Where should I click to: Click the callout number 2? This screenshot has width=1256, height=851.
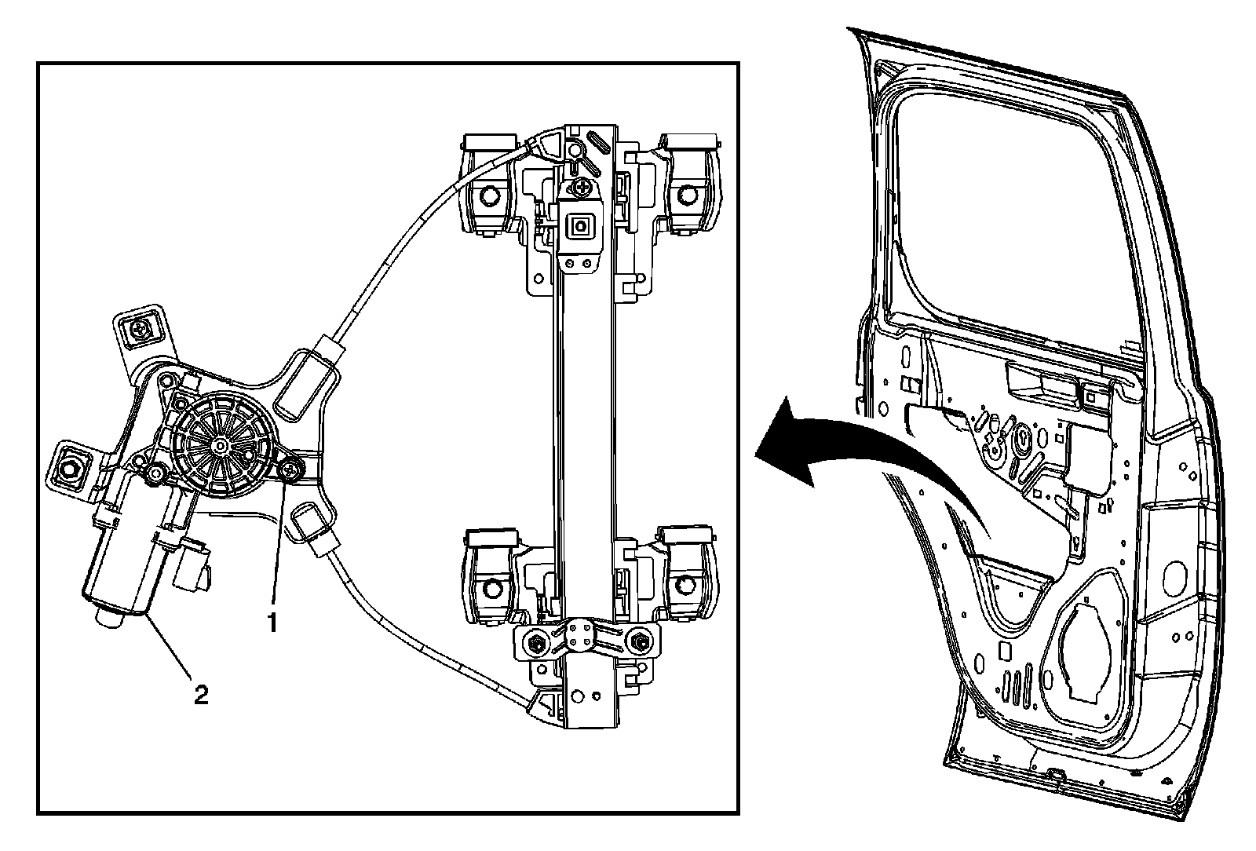201,694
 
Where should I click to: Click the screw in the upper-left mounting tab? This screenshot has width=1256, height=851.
142,331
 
